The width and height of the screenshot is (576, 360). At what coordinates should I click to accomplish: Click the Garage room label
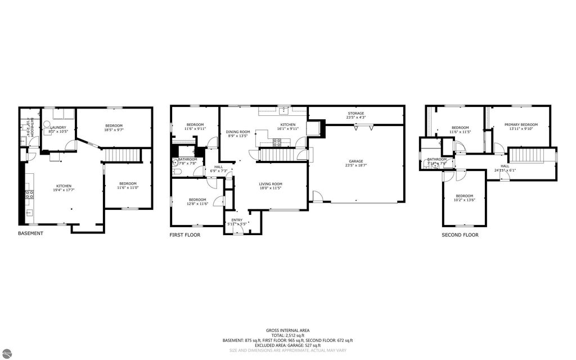[x=355, y=161]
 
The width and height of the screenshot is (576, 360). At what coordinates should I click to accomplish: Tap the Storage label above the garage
[x=355, y=113]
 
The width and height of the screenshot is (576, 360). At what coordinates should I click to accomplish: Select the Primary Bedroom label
[x=521, y=125]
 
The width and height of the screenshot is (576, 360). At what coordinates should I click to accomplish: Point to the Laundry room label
[x=58, y=127]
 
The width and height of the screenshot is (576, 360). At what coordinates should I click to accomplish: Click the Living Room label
[x=271, y=184]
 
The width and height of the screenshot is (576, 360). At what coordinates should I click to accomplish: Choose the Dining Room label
[x=237, y=132]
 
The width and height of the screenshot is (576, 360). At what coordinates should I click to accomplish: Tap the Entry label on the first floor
[x=237, y=220]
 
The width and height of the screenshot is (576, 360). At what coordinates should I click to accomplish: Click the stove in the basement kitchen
[x=29, y=195]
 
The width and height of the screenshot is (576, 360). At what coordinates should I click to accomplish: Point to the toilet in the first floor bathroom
[x=176, y=173]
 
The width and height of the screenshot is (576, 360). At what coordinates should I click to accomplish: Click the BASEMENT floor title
[x=30, y=233]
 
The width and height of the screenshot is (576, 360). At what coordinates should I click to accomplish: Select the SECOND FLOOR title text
[x=460, y=235]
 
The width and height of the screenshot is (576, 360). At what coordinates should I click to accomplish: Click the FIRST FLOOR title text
[x=184, y=235]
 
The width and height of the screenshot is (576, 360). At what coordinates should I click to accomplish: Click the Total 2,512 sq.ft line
[x=287, y=335]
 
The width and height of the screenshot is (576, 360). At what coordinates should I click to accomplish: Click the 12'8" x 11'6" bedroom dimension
[x=197, y=204]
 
